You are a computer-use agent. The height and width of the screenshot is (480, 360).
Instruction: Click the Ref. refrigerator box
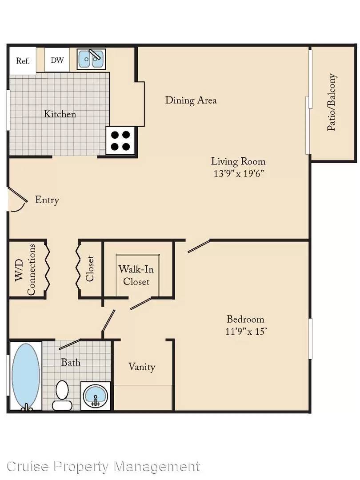click(23, 60)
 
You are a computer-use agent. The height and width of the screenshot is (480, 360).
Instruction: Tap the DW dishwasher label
click(57, 60)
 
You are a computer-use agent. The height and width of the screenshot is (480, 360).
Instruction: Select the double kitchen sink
click(91, 59)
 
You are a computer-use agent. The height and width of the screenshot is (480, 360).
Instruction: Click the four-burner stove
click(120, 140)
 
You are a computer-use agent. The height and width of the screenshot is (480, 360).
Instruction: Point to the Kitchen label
click(60, 114)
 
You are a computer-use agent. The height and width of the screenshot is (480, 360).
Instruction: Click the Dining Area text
click(191, 100)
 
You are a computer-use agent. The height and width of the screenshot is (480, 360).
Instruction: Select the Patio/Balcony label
click(332, 102)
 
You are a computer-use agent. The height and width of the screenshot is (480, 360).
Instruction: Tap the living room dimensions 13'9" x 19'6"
click(239, 174)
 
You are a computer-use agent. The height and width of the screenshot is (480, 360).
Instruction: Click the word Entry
click(47, 200)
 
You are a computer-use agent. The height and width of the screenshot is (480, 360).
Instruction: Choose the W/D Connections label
click(25, 269)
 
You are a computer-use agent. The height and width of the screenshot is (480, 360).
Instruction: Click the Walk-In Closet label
click(136, 275)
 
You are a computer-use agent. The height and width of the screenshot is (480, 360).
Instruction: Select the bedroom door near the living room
click(199, 246)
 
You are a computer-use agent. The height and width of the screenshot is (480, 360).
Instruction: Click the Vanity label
click(142, 366)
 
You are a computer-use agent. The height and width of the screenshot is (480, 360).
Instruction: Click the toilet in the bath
click(62, 395)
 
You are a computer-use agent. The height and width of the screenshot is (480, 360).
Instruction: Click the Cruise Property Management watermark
click(103, 467)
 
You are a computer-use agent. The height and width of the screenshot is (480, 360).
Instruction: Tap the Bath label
click(71, 363)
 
